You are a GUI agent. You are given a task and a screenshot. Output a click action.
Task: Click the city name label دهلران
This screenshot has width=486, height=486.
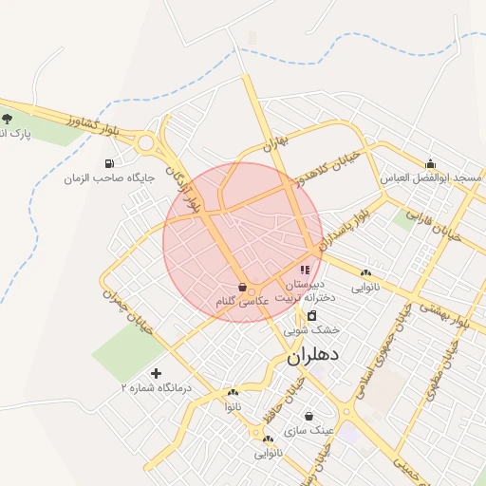pos(319,358)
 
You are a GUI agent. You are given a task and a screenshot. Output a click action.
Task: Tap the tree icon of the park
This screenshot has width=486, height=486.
pos(8,119)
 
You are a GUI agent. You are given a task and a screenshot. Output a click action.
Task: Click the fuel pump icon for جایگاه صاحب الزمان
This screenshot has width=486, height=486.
pos(122,162)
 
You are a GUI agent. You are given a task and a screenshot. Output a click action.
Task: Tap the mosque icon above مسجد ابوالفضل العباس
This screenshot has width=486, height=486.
pos(430,163)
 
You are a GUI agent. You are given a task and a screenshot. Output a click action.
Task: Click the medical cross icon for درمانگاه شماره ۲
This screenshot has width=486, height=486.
pos(157,373)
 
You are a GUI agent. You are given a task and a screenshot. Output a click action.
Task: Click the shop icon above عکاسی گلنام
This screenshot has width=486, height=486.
pos(243,286)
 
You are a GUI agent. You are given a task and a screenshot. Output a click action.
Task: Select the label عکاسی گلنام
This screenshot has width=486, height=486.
pos(242,300)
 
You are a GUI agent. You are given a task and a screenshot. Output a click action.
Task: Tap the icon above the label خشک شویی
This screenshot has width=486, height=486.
pos(312,315)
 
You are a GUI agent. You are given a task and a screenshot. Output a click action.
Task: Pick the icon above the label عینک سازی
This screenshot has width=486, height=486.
pos(309,415)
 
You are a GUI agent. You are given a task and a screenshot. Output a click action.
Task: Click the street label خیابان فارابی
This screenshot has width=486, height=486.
pos(433,225)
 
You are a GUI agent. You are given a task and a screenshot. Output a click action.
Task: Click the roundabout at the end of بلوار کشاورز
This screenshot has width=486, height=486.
pos(146,144)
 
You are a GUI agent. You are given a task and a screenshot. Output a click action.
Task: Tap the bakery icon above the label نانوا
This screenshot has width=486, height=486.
pos(234,392)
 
